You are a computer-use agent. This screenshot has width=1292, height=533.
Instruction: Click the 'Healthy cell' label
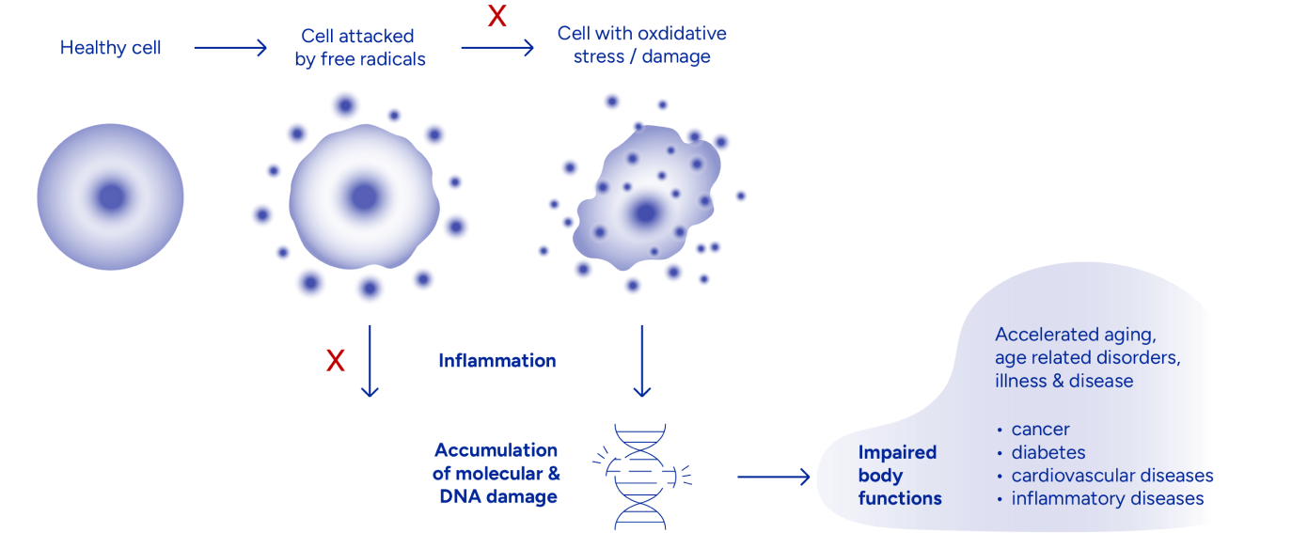[x=111, y=48]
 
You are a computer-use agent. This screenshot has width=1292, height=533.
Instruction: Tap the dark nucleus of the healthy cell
[x=111, y=197]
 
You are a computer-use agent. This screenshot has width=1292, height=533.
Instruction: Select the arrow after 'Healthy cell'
[x=230, y=48]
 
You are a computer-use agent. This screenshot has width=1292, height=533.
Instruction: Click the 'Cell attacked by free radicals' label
[x=357, y=48]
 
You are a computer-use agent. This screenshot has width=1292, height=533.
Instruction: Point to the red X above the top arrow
[x=496, y=16]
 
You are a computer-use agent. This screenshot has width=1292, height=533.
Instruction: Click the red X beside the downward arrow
[x=335, y=360]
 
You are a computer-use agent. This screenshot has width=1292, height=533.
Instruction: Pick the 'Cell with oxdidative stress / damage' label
[x=642, y=45]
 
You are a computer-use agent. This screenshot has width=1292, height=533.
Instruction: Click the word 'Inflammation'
[x=496, y=361]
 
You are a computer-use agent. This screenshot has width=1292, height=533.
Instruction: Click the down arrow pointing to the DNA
[x=642, y=361]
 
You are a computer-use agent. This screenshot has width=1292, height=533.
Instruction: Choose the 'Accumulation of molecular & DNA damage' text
[x=496, y=474]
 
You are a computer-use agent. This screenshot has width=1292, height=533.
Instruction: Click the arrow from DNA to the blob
[x=773, y=478]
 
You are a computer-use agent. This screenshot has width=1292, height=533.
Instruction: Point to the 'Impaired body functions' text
[x=899, y=475]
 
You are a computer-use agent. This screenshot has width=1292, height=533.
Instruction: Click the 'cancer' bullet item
[x=1040, y=430]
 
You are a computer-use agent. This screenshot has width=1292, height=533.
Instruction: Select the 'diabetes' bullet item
[x=1048, y=453]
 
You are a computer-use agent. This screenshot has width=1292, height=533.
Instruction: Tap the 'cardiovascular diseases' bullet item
[x=1111, y=476]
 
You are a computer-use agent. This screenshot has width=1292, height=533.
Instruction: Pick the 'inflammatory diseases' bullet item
[x=1107, y=498]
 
